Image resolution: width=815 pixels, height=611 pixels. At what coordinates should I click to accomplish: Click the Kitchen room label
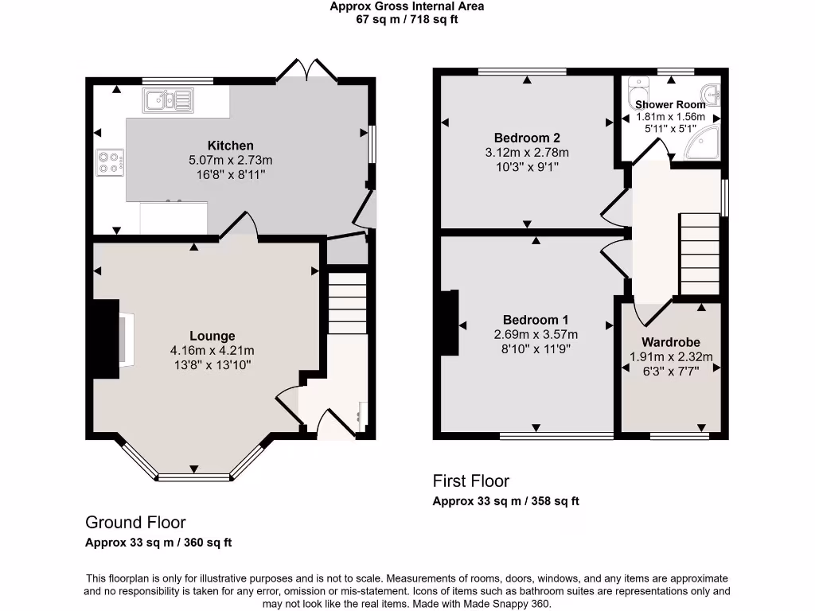[230, 146]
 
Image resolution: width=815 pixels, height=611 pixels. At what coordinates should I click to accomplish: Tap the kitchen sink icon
[168, 100]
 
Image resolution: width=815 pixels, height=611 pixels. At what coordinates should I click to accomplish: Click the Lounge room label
[212, 336]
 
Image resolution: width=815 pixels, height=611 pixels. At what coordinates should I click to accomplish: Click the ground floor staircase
[348, 303]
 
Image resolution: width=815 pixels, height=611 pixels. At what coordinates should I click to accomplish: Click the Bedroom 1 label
[536, 320]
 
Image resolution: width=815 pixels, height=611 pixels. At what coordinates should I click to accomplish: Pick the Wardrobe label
[670, 343]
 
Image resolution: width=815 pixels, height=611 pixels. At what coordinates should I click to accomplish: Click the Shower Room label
[670, 105]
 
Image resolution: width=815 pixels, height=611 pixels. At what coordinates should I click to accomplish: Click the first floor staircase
[699, 254]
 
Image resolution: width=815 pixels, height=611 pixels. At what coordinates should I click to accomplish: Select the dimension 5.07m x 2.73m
[230, 160]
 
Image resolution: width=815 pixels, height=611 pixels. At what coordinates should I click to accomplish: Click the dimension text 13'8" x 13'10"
[212, 364]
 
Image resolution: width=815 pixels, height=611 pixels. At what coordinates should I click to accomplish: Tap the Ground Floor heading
[135, 523]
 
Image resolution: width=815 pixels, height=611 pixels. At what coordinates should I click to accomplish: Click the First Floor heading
[470, 481]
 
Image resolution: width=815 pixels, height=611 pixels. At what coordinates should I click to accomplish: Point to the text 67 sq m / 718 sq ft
[407, 20]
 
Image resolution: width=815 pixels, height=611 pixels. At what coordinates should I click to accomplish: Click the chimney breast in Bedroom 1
[449, 322]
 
